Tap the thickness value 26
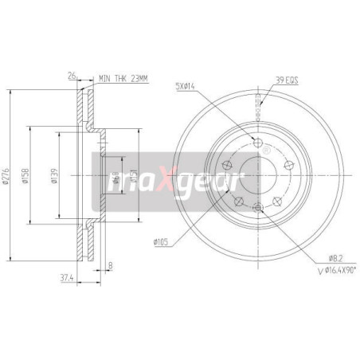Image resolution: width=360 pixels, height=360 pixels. pyautogui.click(x=72, y=76)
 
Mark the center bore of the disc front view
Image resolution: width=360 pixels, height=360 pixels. pyautogui.click(x=256, y=174)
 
